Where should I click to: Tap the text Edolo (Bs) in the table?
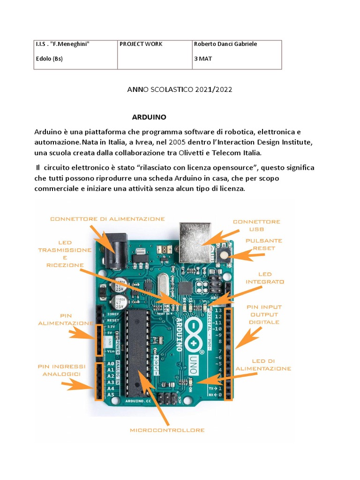(49, 59)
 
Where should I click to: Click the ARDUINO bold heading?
(149, 116)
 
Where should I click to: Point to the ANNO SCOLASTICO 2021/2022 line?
(180, 89)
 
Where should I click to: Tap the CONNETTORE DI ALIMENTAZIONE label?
(107, 219)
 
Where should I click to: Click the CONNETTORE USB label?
(256, 225)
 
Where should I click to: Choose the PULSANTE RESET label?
(264, 244)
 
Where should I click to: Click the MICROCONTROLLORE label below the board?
(167, 430)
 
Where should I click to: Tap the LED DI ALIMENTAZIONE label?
(263, 365)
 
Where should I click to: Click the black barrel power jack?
(113, 253)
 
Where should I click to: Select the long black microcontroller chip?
(139, 352)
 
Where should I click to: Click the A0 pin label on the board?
(110, 363)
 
